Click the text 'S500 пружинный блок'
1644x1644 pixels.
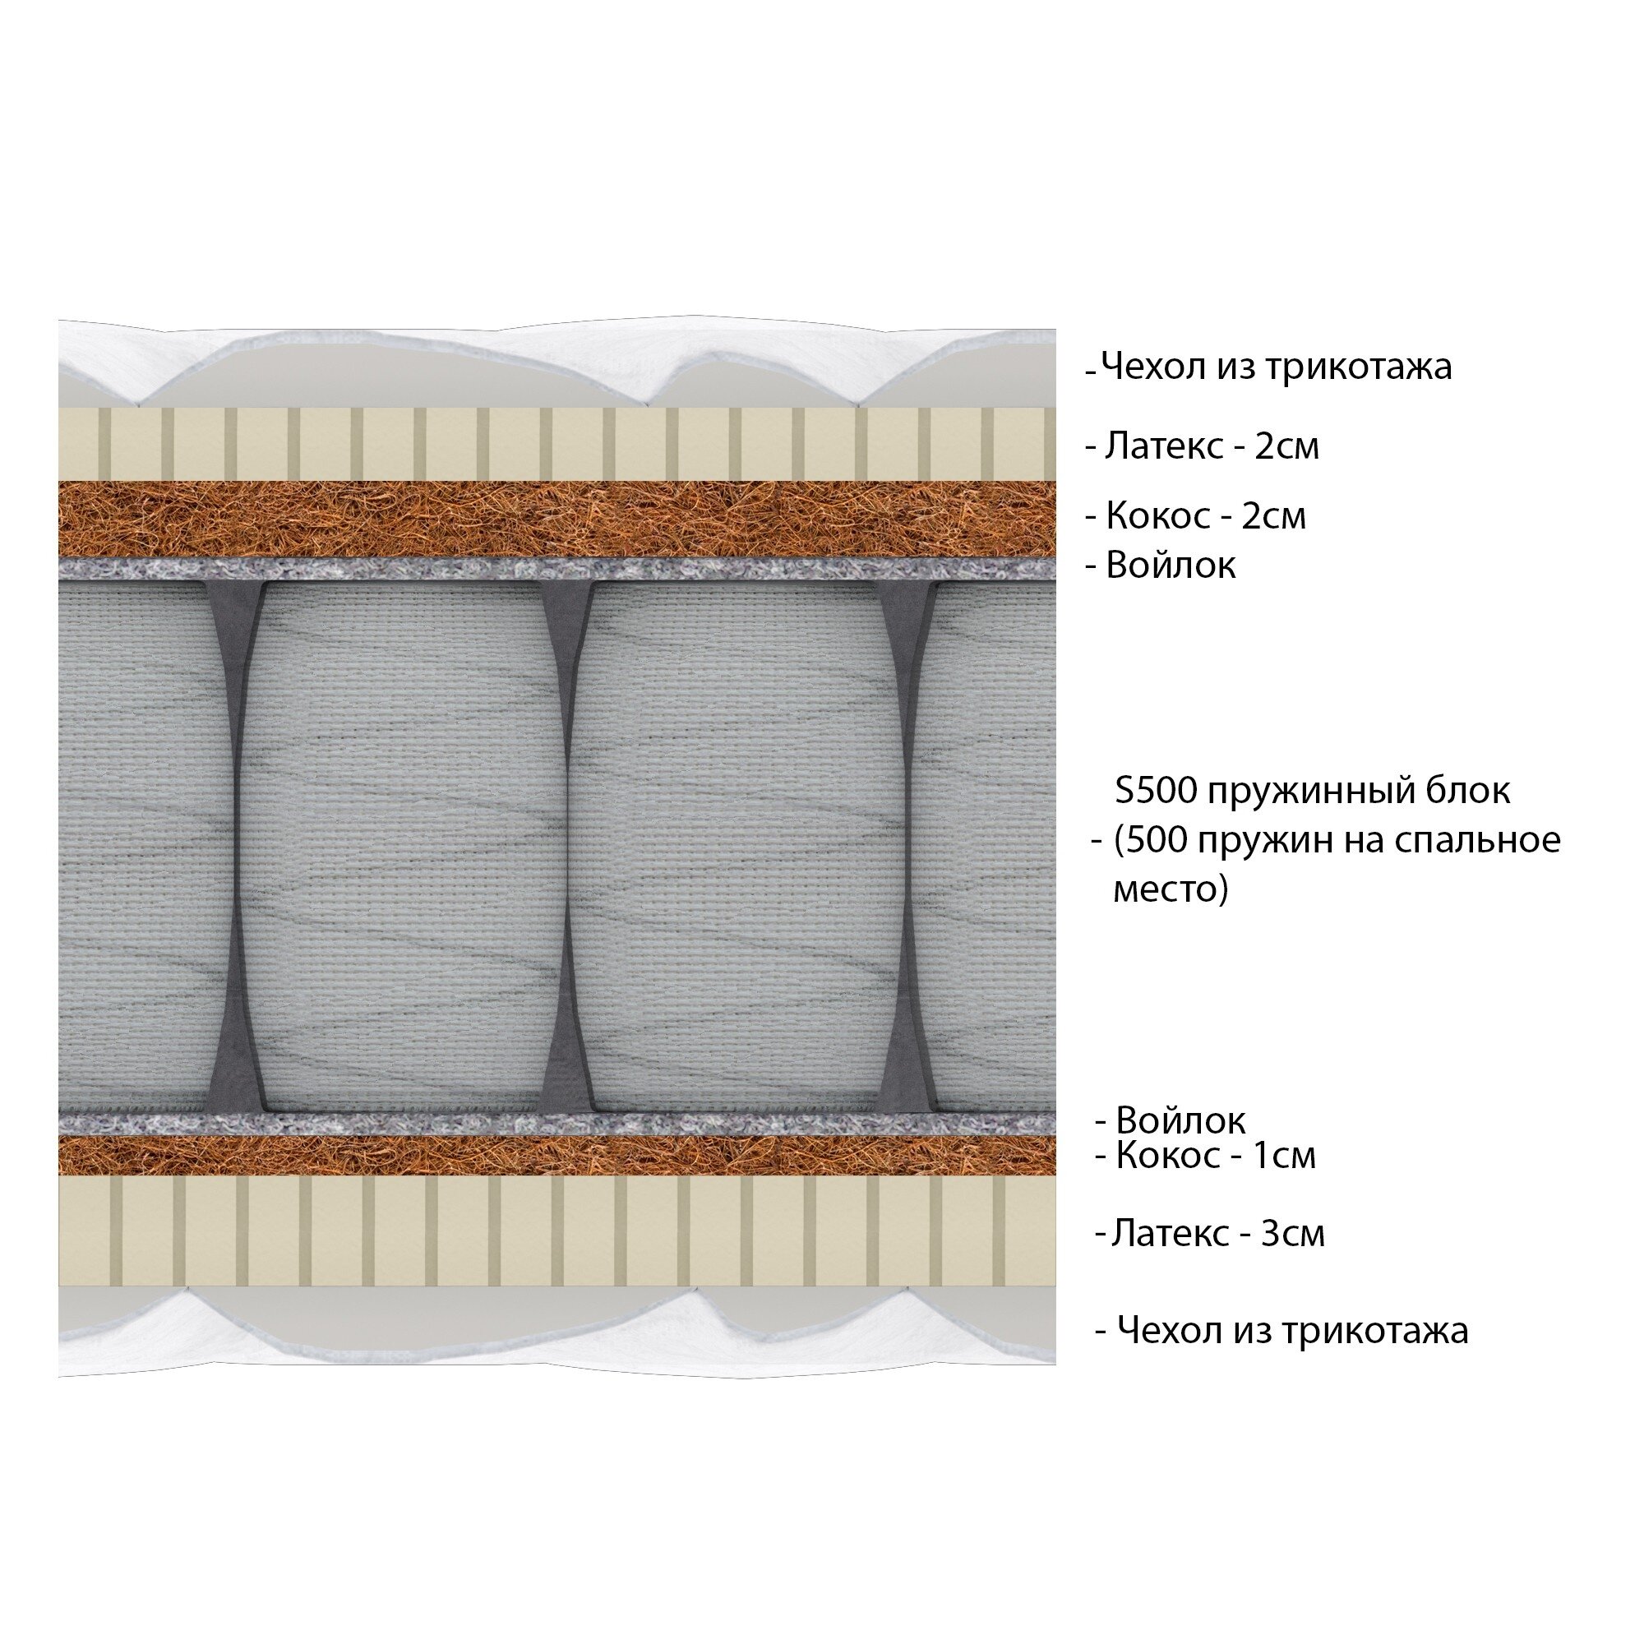1312,792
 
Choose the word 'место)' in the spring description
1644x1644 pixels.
1170,890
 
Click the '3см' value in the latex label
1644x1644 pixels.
1292,1233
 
